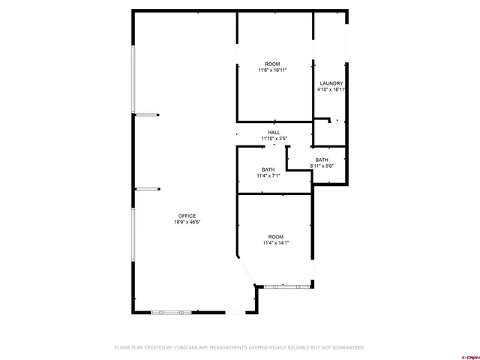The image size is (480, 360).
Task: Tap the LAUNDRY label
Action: click(x=331, y=83)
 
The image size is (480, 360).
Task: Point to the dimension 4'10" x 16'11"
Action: click(x=331, y=89)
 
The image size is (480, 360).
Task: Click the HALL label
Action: click(x=274, y=133)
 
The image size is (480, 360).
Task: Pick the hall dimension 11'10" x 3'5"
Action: click(x=274, y=139)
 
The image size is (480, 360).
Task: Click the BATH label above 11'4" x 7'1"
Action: click(x=268, y=169)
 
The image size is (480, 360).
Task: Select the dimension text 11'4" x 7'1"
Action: click(x=268, y=175)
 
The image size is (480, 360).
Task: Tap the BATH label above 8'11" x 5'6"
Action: click(x=322, y=160)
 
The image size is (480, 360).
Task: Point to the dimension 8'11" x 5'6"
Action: click(x=322, y=166)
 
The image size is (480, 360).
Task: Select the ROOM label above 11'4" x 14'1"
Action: click(x=276, y=236)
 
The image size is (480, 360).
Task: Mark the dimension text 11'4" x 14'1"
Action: click(x=276, y=242)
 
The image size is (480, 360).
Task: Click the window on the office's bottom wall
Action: click(x=172, y=312)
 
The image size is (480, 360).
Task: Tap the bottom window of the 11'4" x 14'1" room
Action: click(x=284, y=286)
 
